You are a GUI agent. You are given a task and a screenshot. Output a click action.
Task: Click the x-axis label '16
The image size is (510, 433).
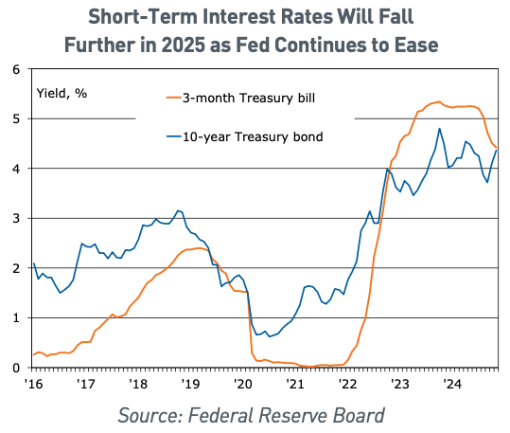click(x=34, y=384)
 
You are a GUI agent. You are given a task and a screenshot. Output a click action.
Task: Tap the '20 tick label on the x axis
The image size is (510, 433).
click(x=243, y=384)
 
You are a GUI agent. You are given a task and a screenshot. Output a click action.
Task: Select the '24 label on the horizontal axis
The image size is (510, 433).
click(x=452, y=384)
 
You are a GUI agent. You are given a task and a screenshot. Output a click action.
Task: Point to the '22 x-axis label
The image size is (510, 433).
click(x=347, y=384)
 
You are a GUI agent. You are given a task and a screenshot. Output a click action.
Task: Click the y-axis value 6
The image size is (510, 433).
click(x=16, y=69)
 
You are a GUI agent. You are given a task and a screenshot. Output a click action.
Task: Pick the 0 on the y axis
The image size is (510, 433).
click(x=16, y=368)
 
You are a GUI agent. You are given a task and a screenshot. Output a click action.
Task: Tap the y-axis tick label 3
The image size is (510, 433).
click(x=16, y=218)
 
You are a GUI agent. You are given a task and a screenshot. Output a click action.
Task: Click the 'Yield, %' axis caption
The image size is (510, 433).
click(x=62, y=94)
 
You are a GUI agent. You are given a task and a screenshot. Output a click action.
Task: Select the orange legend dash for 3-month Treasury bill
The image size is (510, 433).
click(x=174, y=98)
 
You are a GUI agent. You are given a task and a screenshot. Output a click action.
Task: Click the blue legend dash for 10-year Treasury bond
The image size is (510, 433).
click(x=174, y=136)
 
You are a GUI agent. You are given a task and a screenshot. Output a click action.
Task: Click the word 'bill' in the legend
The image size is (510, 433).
click(x=307, y=98)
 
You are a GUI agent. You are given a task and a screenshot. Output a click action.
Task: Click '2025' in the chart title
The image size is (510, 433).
click(x=184, y=45)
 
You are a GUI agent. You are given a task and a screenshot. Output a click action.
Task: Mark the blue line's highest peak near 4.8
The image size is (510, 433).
click(x=439, y=128)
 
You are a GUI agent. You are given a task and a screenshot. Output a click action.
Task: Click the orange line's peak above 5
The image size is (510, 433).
click(x=439, y=101)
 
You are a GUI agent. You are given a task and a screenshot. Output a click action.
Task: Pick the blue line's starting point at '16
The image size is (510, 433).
click(x=34, y=263)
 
